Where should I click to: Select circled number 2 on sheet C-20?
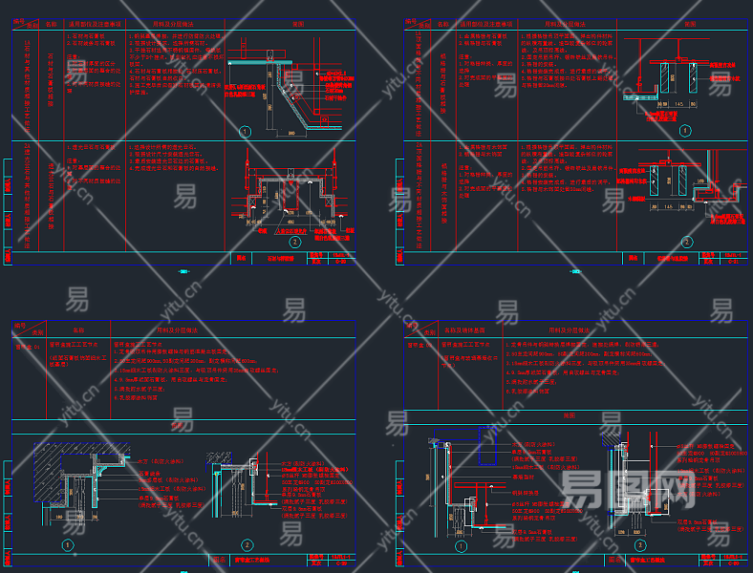point(294,242)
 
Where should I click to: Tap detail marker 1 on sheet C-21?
point(684,131)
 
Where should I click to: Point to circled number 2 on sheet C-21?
point(684,241)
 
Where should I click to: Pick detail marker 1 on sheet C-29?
point(67,545)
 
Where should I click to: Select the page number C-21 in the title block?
point(734,263)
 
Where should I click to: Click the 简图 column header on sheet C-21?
point(684,23)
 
